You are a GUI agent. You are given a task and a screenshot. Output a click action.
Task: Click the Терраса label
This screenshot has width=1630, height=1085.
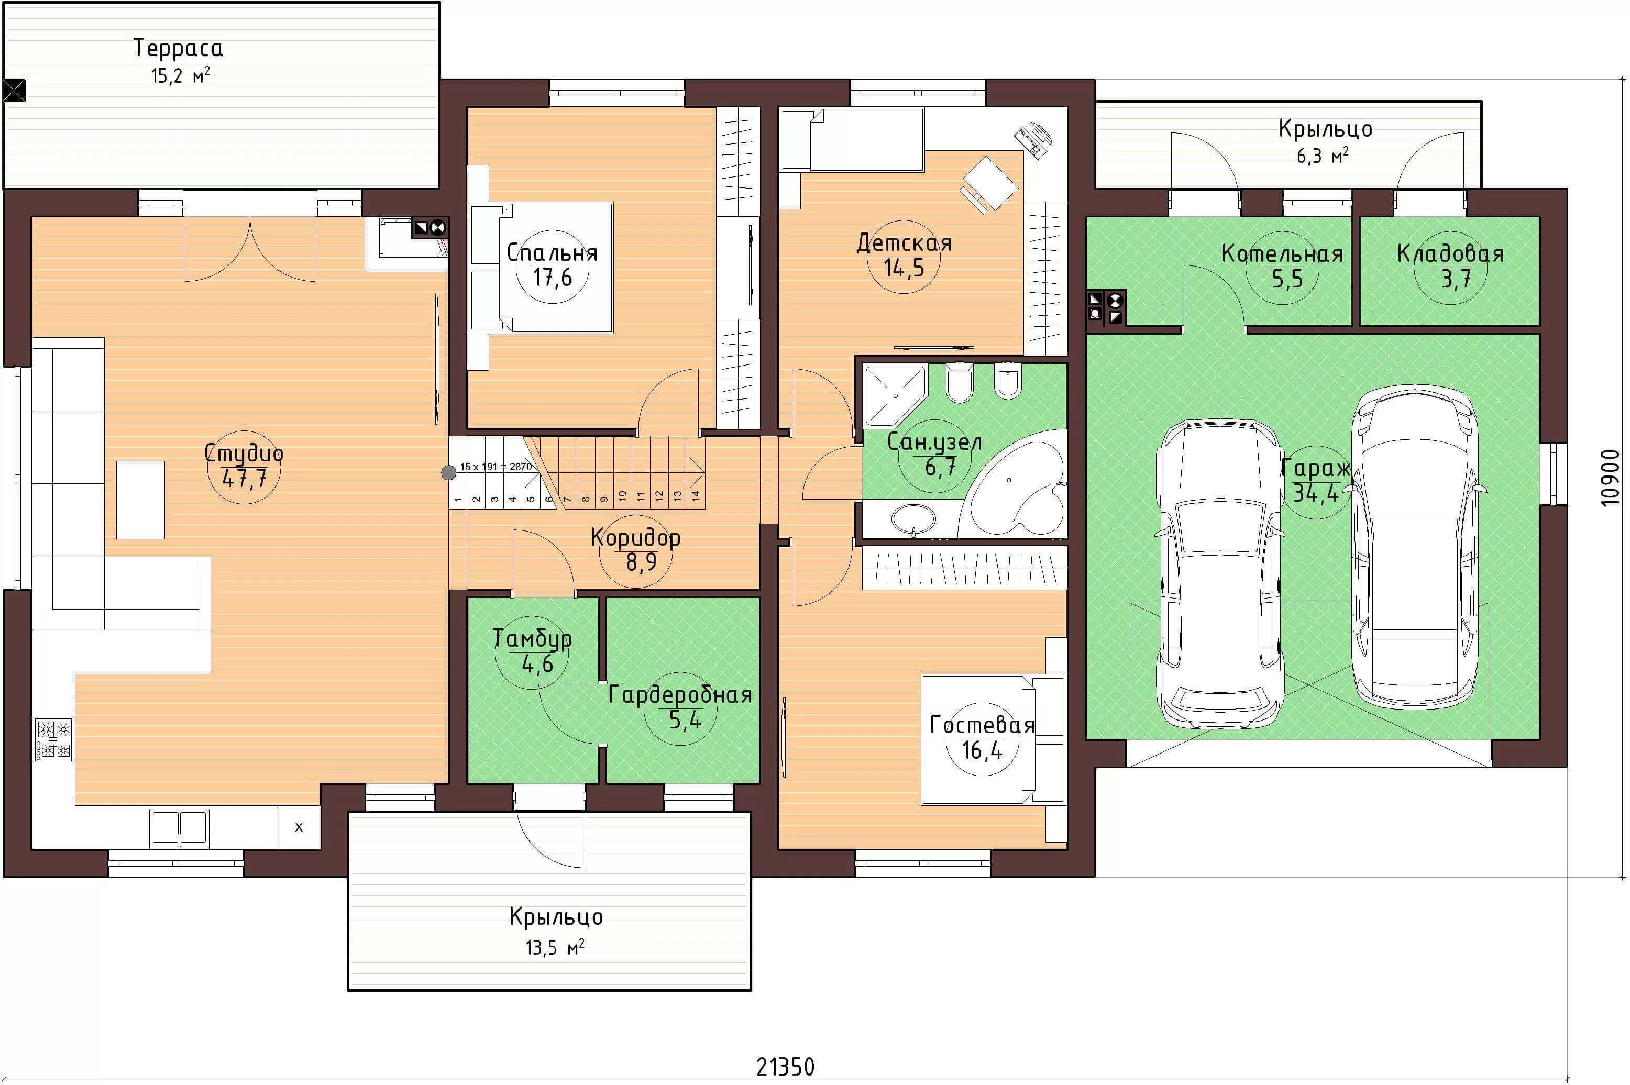point(178,48)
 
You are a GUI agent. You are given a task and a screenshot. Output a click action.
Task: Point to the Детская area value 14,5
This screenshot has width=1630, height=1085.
point(904,268)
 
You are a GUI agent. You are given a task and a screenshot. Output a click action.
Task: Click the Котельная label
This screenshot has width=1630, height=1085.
point(1282,254)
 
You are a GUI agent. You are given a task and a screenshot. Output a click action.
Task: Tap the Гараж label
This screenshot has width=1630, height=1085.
point(1315,469)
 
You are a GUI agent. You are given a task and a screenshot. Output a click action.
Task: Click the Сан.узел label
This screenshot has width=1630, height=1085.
point(934,442)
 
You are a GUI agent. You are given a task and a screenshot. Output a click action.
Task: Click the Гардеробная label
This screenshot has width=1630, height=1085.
point(680,694)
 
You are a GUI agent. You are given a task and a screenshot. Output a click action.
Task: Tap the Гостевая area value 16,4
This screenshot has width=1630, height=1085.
point(982,749)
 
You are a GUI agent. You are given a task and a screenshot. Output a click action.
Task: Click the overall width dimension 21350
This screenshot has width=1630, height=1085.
point(785,1066)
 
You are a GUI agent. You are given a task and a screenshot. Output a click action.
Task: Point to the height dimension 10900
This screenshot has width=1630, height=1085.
point(1611,478)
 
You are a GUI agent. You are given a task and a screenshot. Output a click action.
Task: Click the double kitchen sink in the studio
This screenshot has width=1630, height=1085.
point(179,827)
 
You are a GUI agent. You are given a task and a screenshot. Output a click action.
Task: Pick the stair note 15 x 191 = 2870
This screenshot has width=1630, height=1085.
point(495,467)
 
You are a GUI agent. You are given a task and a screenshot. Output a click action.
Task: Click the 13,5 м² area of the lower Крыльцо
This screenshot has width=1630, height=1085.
point(554,947)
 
